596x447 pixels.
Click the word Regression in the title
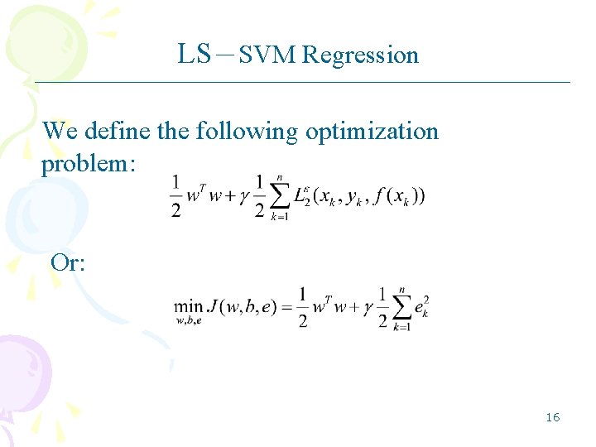pos(360,55)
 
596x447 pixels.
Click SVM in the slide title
pos(268,55)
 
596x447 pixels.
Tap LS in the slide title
pos(195,54)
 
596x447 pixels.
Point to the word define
pos(113,131)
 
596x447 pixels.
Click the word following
pos(248,131)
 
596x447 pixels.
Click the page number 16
pos(552,416)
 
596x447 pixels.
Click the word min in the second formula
pos(190,306)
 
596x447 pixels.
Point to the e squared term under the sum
pos(422,308)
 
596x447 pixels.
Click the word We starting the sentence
pos(58,131)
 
